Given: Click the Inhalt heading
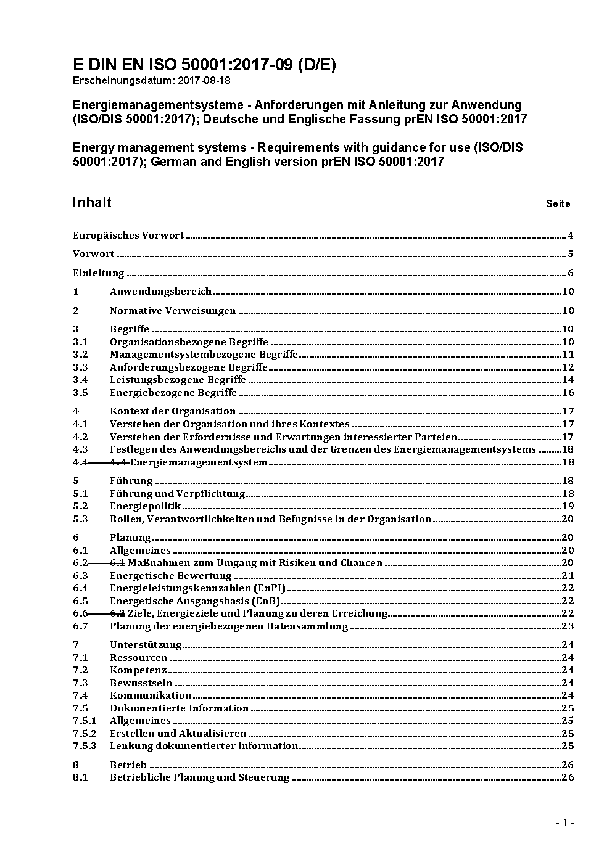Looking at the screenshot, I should point(92,203).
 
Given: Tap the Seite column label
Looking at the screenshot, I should point(558,204).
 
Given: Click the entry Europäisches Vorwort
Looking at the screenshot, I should point(128,236).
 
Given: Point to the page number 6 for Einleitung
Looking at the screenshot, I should point(571,273).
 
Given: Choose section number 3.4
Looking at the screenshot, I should point(80,380).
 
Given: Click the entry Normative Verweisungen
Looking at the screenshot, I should point(173,311).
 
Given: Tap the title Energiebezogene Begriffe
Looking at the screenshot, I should point(173,393).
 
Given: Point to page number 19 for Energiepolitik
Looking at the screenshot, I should point(568,506).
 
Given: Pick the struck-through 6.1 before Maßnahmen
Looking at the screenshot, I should point(118,563).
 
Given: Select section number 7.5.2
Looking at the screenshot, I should point(85,734).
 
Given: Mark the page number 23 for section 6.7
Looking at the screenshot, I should point(568,626).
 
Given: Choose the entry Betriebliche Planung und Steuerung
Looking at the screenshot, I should point(199,777).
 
